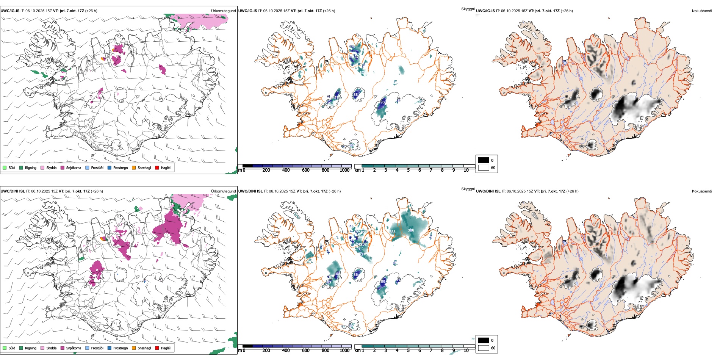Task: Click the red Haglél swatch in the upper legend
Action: (157, 167)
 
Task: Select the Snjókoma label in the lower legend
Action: (74, 348)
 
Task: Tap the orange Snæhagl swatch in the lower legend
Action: (134, 348)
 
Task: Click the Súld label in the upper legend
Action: (12, 167)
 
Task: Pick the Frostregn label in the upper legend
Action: (121, 167)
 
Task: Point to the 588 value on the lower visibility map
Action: (392, 232)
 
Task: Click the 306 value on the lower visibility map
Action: (411, 230)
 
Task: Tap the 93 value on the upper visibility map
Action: (382, 102)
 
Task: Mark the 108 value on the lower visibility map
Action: (337, 274)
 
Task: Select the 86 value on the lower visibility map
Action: (355, 274)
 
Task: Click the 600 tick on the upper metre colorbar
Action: (305, 170)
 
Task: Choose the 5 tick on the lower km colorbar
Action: (408, 351)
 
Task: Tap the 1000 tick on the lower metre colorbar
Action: (344, 351)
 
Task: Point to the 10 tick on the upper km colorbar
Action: (466, 170)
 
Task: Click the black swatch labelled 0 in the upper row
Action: (484, 160)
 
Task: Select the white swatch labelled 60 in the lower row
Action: (484, 347)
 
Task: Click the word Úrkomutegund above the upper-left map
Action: (223, 11)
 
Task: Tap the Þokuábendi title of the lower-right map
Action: (702, 191)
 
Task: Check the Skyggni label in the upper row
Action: (468, 9)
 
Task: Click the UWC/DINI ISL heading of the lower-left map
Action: (13, 191)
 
